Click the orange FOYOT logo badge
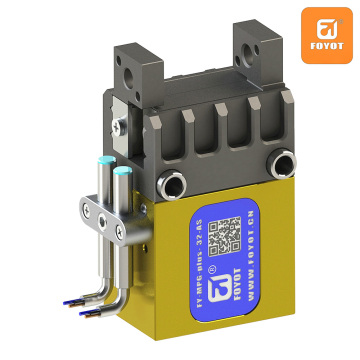coord(327,34)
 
